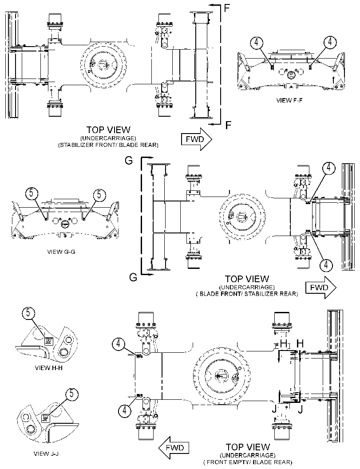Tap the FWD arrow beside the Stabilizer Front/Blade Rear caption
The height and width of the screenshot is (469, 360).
[x=197, y=139]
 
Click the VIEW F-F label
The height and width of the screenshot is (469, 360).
[x=289, y=100]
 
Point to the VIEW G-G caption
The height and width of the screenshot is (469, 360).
[x=61, y=252]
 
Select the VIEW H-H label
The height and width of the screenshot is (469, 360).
[x=49, y=367]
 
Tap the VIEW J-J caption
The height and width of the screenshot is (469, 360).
[x=46, y=454]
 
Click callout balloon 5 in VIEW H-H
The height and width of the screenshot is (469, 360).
[x=28, y=313]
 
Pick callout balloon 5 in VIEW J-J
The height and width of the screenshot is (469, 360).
[x=71, y=394]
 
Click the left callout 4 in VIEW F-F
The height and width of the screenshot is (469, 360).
[x=257, y=43]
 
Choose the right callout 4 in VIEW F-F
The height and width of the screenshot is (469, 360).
[x=330, y=42]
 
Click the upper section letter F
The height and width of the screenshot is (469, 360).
[x=227, y=8]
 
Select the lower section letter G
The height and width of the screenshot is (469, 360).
[x=133, y=277]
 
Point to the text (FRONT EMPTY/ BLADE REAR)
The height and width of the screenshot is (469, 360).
[x=248, y=462]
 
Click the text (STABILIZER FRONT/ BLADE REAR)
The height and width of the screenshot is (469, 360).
[x=108, y=145]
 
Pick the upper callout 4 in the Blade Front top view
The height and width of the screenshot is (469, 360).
[x=328, y=168]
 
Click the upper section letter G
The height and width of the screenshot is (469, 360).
[x=129, y=161]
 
